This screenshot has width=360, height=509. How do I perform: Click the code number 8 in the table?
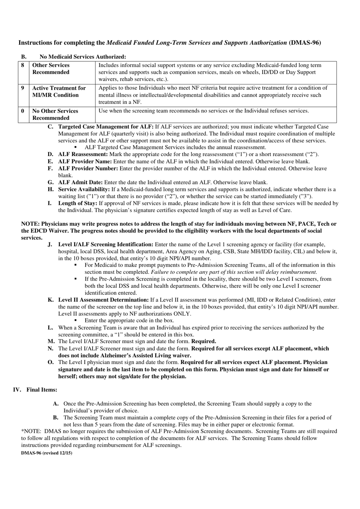23,65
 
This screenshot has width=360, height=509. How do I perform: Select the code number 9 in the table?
23,88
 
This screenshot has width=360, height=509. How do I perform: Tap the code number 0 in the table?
23,111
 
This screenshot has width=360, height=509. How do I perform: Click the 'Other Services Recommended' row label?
51,69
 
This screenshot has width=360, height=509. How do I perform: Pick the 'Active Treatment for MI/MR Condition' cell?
59,91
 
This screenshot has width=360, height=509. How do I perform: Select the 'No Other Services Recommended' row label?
55,114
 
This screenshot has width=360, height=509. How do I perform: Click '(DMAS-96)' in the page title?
305,43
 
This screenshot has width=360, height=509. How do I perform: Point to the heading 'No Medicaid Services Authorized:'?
83,57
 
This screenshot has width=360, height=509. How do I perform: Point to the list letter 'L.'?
50,328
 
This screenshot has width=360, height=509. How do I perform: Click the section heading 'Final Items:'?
42,390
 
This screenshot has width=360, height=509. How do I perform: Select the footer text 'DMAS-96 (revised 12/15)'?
47,453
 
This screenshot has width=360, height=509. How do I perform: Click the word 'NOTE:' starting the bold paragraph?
30,224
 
